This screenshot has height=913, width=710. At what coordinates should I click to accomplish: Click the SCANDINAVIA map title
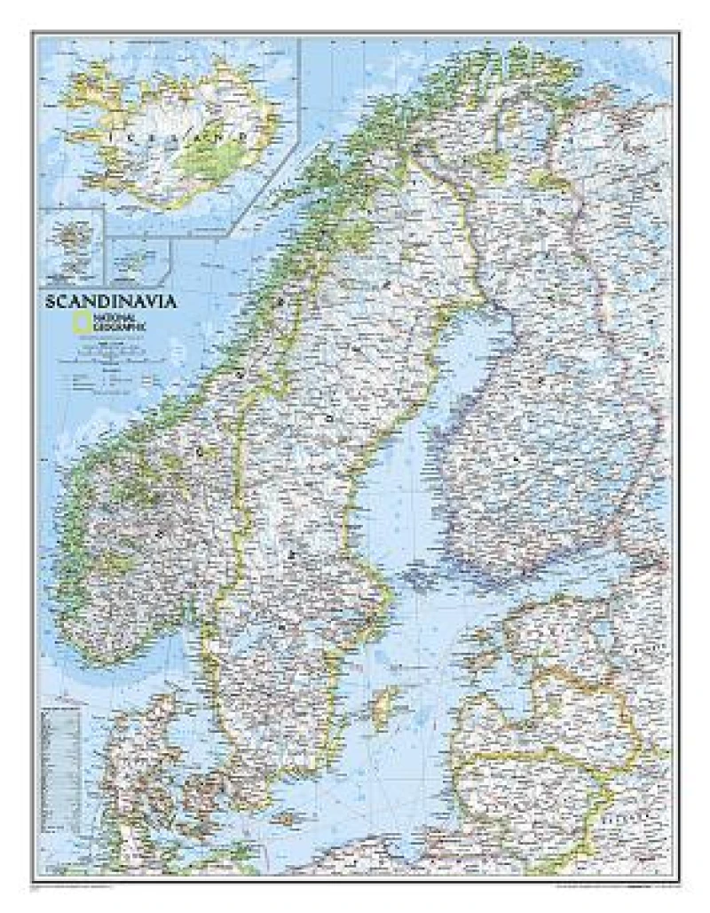pos(111,301)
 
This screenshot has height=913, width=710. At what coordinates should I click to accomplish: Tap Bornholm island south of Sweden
pos(285,817)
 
